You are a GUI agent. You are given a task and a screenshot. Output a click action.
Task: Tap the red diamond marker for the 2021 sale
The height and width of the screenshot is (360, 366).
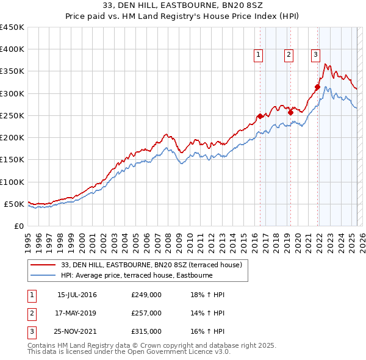click(x=318, y=87)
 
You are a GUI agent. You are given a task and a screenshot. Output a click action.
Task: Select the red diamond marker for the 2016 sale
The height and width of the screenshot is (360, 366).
click(x=260, y=116)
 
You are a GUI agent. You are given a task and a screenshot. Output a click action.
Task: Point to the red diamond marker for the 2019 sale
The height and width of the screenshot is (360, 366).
click(x=291, y=112)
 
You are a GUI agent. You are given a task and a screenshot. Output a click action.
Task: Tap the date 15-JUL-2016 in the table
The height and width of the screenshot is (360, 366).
click(x=77, y=295)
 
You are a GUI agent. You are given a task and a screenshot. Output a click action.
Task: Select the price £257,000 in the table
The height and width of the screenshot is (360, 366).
click(x=146, y=313)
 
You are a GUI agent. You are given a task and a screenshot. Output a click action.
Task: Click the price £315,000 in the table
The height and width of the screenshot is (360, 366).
click(x=146, y=331)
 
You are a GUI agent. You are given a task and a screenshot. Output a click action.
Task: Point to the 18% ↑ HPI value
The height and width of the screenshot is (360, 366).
click(x=208, y=295)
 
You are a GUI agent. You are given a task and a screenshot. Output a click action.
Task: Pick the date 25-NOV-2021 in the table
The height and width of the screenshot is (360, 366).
click(x=77, y=331)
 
